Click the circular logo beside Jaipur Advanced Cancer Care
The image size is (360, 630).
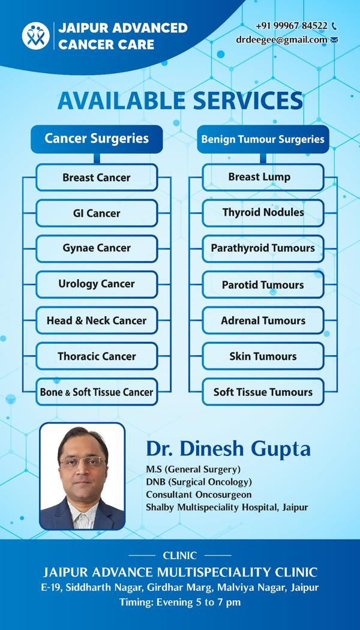[36, 36]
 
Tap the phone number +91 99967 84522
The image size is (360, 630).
[292, 26]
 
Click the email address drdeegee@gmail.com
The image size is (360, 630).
[281, 40]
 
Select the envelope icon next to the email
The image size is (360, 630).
[334, 40]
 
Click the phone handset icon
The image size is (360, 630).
[334, 26]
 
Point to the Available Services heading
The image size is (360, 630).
[180, 100]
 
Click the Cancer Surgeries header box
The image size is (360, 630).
[97, 139]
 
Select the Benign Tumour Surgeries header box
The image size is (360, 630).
[263, 139]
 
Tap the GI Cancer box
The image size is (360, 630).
[97, 213]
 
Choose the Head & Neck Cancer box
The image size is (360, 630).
[97, 320]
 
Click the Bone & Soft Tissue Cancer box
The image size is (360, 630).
[97, 392]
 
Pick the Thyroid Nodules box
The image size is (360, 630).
[263, 213]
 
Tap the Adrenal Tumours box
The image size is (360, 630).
[263, 320]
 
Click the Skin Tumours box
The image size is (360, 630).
[263, 356]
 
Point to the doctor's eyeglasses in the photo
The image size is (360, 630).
[82, 462]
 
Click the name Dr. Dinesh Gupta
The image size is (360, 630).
[228, 449]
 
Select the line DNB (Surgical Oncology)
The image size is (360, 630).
[199, 482]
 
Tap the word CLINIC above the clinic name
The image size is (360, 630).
[180, 556]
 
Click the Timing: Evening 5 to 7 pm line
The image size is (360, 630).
[180, 602]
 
